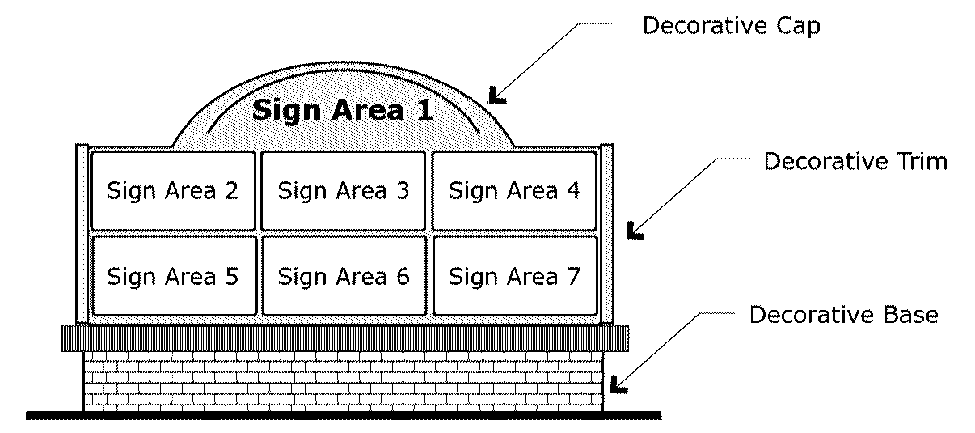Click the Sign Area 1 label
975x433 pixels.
pyautogui.click(x=343, y=109)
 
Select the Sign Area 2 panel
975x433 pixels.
pyautogui.click(x=172, y=191)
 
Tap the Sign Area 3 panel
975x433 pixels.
pyautogui.click(x=344, y=191)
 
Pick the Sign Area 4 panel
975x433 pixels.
pyautogui.click(x=515, y=191)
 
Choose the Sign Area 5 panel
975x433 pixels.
pyautogui.click(x=172, y=276)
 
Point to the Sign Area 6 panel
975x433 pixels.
pyautogui.click(x=344, y=276)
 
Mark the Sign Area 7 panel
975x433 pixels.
pyautogui.click(x=515, y=276)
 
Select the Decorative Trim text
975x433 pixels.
pyautogui.click(x=855, y=161)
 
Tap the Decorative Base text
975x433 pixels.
pyautogui.click(x=843, y=314)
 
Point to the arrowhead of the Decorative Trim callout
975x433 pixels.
pyautogui.click(x=635, y=233)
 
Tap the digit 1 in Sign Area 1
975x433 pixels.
pyautogui.click(x=424, y=109)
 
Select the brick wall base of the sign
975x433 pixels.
pyautogui.click(x=344, y=381)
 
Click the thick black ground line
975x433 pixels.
pyautogui.click(x=344, y=416)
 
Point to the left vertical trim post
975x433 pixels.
pyautogui.click(x=81, y=234)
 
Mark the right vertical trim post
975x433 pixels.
pyautogui.click(x=608, y=234)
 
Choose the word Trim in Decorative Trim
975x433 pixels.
pyautogui.click(x=916, y=161)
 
